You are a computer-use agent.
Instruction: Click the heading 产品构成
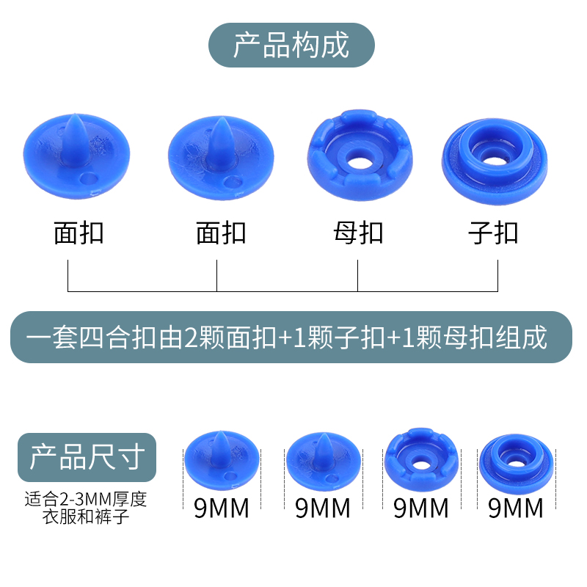[x=291, y=45]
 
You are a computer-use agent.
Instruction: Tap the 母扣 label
[x=358, y=233]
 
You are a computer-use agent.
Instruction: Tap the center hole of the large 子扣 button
[x=491, y=147]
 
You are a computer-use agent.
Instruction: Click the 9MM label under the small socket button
[x=421, y=508]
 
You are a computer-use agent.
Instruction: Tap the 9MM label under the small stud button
[x=515, y=508]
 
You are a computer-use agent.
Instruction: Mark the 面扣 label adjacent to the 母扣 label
[x=222, y=233]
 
